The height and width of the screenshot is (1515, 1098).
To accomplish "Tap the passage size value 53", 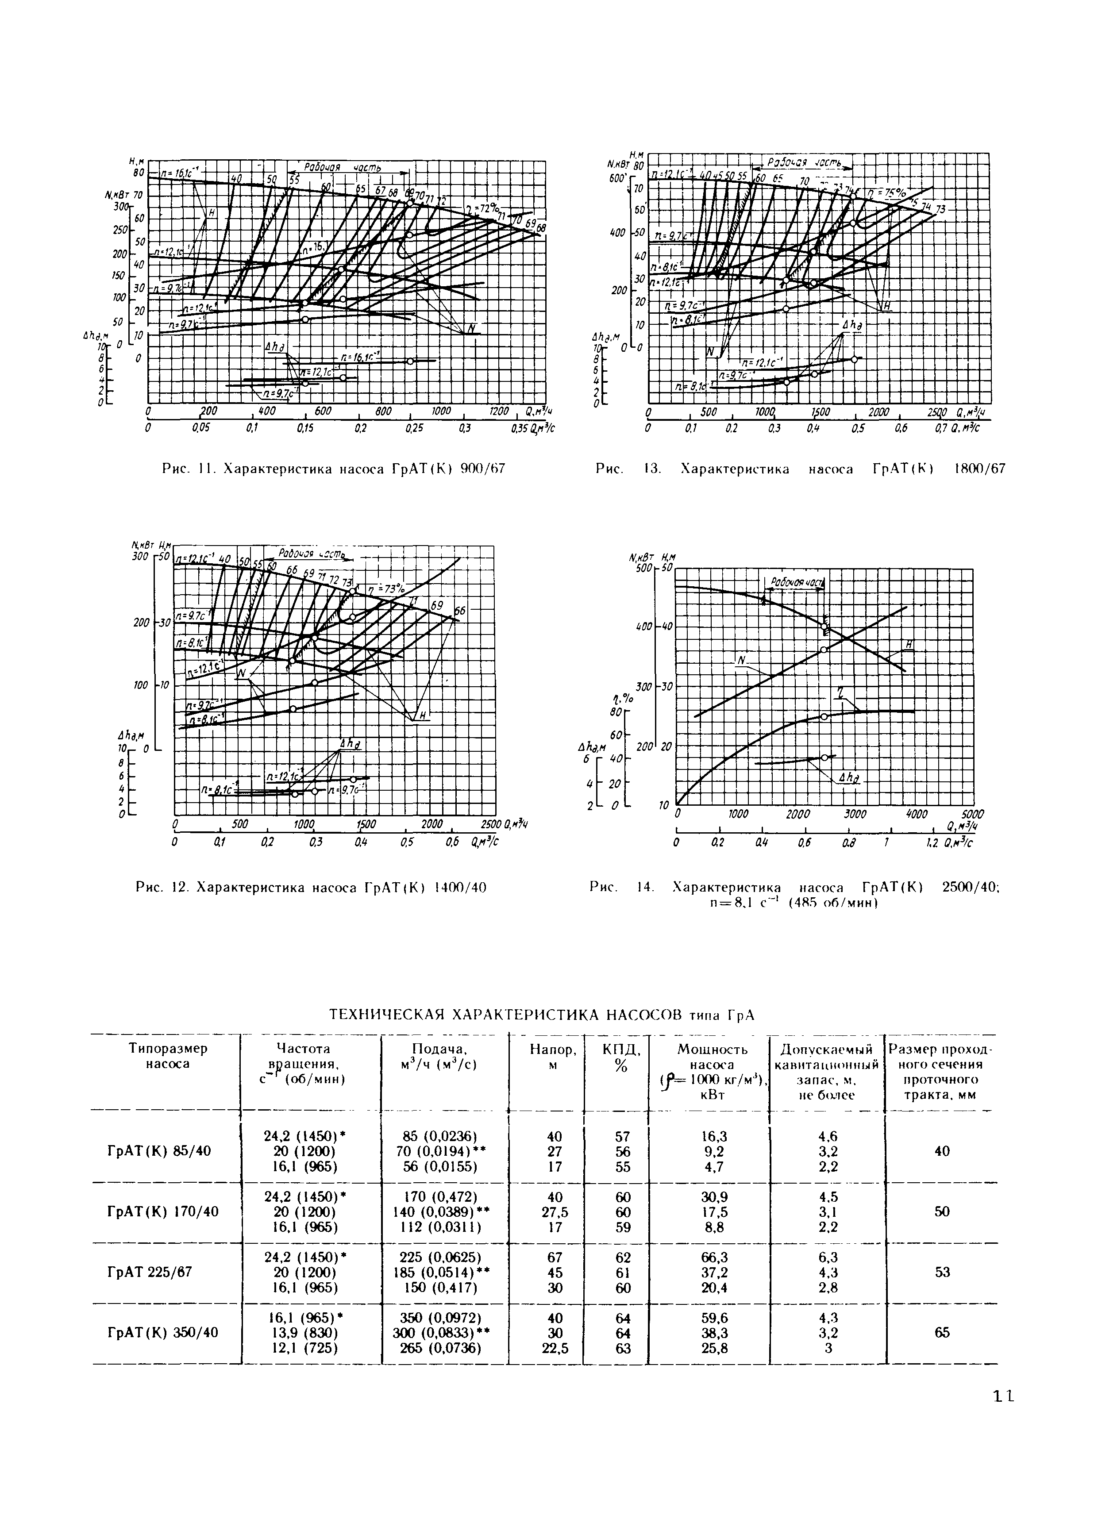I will tap(942, 1272).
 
